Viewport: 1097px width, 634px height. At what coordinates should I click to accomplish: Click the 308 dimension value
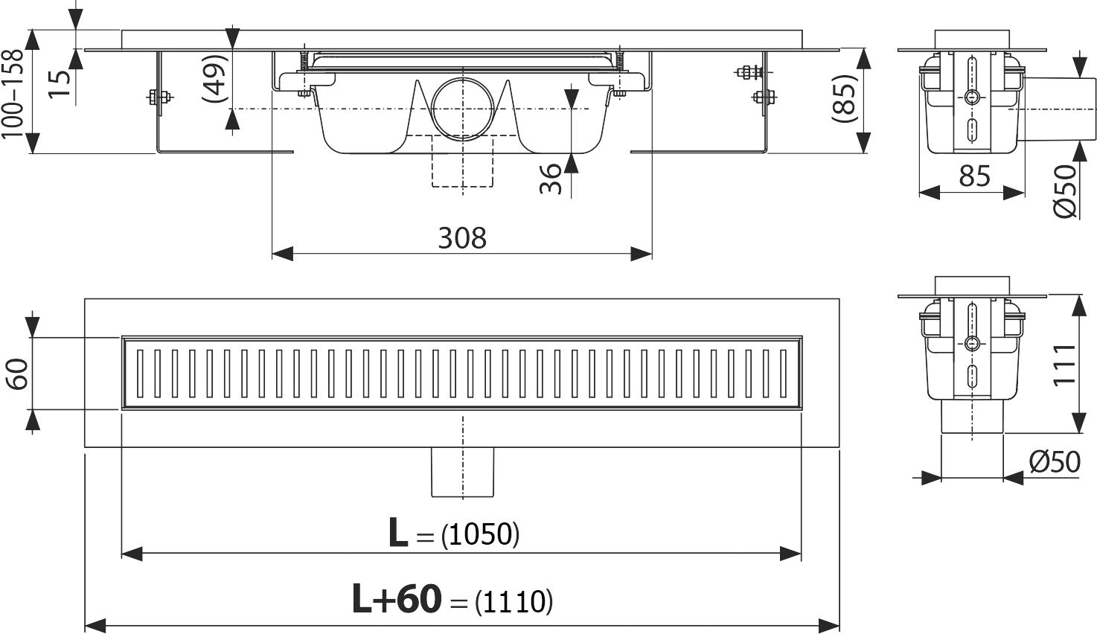[x=461, y=238]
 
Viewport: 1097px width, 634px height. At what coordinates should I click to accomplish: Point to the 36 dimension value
[x=550, y=179]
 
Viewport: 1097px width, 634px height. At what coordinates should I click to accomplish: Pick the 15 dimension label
[x=63, y=83]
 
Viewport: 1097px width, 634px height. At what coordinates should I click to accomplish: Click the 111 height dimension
[x=1065, y=364]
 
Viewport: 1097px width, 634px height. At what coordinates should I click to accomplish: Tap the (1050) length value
[x=480, y=534]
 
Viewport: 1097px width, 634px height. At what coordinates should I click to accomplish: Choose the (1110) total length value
[x=514, y=601]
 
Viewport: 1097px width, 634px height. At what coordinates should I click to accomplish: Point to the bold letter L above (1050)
[x=398, y=534]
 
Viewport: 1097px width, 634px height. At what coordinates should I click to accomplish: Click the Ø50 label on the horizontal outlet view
[x=1066, y=191]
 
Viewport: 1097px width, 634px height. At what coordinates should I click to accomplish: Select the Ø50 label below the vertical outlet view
[x=1055, y=462]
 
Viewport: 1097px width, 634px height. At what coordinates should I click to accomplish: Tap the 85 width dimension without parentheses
[x=974, y=176]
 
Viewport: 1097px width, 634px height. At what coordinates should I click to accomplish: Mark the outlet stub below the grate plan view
[x=462, y=472]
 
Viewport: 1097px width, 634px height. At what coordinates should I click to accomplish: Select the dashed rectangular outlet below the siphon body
[x=462, y=161]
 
